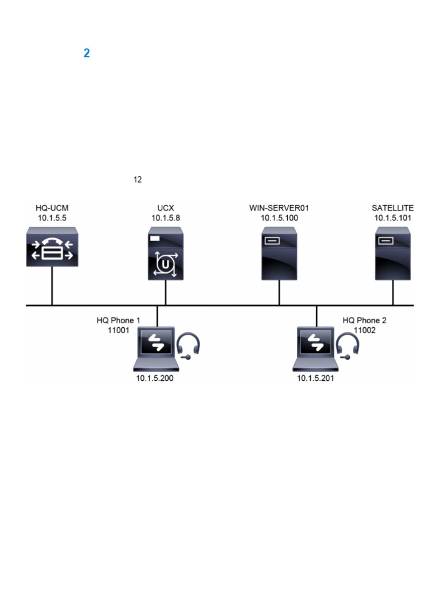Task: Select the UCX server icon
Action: click(166, 254)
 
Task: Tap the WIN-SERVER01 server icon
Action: click(279, 254)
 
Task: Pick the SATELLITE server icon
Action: click(393, 254)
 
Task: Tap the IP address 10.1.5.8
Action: click(166, 218)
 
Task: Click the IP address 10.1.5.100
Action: click(279, 218)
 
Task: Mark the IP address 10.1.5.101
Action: click(393, 218)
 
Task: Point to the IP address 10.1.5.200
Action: click(155, 379)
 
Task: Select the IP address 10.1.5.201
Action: click(315, 379)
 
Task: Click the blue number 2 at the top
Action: click(87, 54)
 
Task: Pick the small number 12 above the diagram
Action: click(138, 180)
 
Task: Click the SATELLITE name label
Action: click(393, 208)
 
